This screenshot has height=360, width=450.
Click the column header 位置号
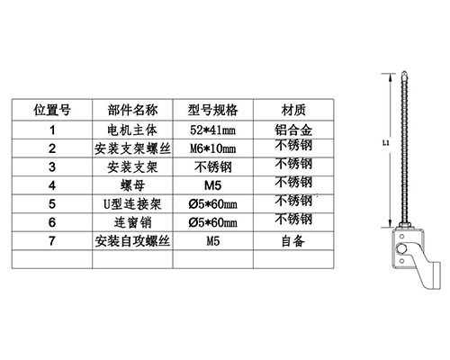(52, 110)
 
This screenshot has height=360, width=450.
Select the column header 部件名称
(132, 110)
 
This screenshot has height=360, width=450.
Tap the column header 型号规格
(212, 110)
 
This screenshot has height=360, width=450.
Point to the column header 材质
(293, 110)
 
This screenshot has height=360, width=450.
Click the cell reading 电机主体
(132, 130)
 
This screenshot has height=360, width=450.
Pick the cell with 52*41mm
(212, 130)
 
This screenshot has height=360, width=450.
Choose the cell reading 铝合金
(293, 130)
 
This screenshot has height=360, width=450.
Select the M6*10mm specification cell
(212, 148)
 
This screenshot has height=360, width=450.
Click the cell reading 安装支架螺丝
(132, 148)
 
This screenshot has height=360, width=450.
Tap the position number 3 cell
(52, 167)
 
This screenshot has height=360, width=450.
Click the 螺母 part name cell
(132, 185)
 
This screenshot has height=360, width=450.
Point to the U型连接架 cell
(132, 204)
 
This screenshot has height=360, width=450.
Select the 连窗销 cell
(132, 222)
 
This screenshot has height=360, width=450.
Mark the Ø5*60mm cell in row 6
(212, 222)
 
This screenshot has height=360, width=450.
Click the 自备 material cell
(293, 241)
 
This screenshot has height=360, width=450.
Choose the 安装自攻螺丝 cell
(132, 241)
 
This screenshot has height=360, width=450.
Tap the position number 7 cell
(52, 241)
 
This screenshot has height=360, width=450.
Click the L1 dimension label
(386, 143)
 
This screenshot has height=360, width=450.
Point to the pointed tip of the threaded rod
(404, 71)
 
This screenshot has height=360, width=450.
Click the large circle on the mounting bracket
(402, 249)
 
